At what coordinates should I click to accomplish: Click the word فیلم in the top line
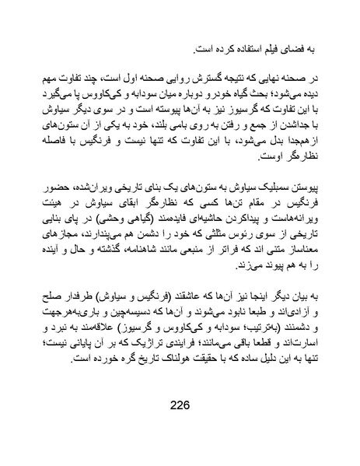pos(273,50)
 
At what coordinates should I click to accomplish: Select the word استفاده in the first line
pos(236,50)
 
